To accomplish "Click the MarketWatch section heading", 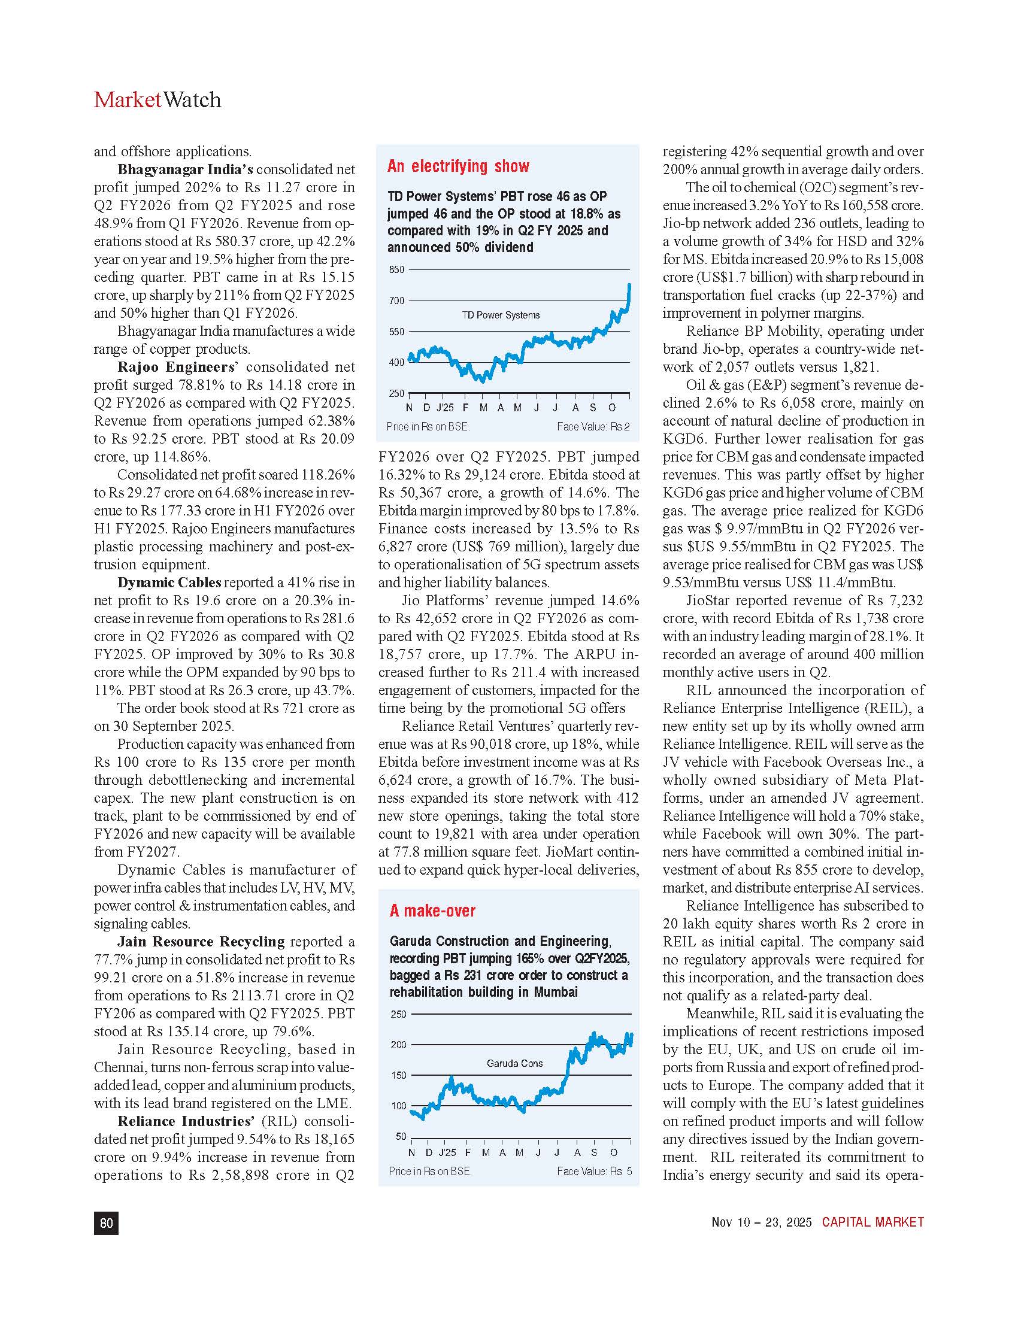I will [x=157, y=100].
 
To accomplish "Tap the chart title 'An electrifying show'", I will [x=458, y=166].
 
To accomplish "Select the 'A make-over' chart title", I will [x=432, y=911].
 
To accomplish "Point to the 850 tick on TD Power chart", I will [x=396, y=269].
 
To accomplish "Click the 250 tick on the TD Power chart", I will [x=396, y=393].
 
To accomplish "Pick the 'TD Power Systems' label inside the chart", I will [x=501, y=315].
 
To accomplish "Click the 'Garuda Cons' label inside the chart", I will [x=514, y=1063].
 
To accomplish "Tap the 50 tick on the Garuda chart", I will [x=401, y=1137].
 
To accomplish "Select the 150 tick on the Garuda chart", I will [x=399, y=1075].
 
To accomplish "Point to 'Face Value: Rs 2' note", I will [x=593, y=427].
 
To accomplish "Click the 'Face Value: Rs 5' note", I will [x=594, y=1171].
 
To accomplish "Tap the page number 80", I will [x=106, y=1223].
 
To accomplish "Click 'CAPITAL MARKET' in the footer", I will [x=872, y=1222].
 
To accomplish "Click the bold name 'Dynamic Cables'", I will [x=169, y=582].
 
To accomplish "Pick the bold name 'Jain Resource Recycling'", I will [x=201, y=942].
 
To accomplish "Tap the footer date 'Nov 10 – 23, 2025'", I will [x=761, y=1222].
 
